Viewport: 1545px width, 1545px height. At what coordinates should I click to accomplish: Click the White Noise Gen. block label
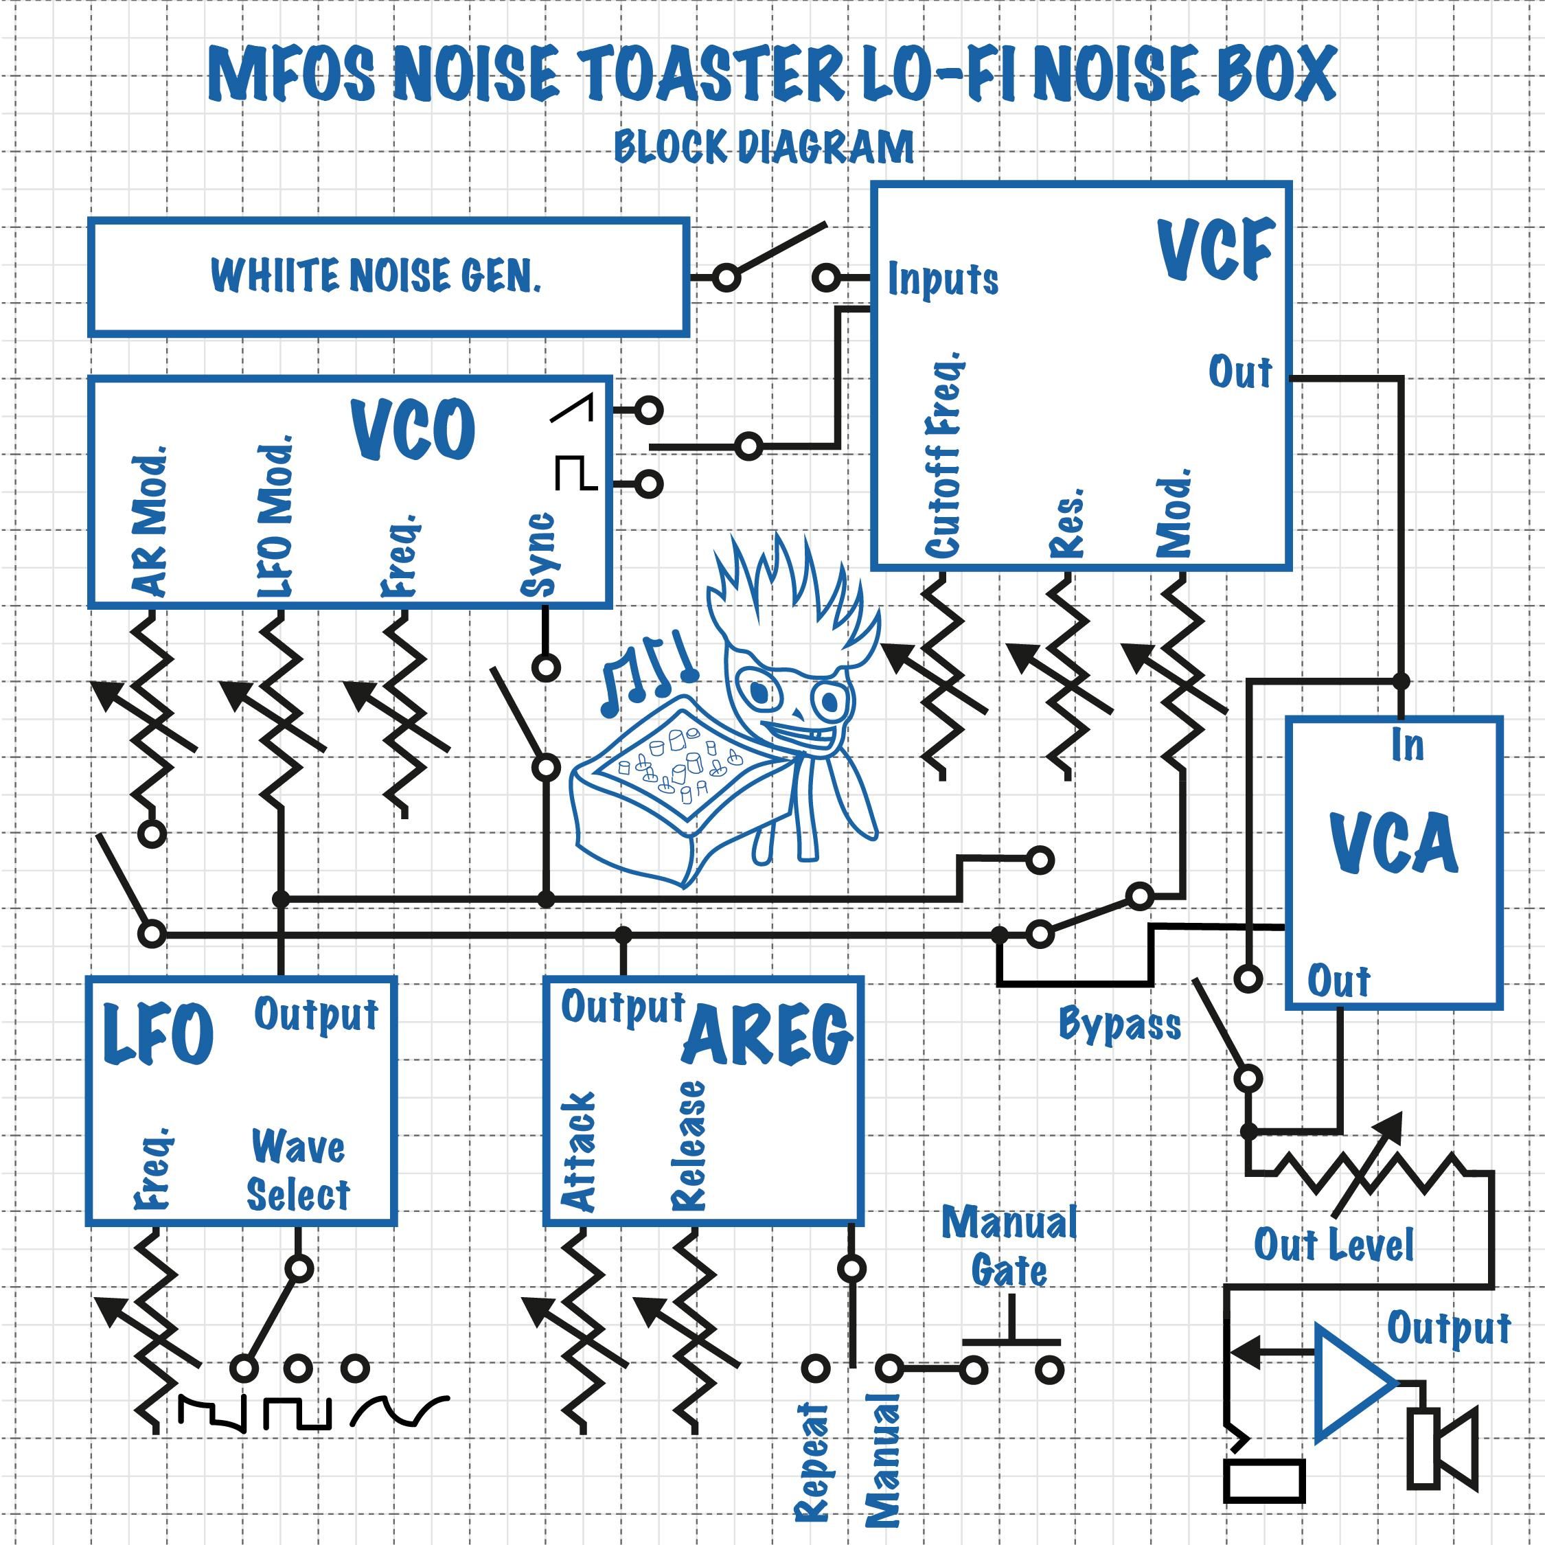point(376,276)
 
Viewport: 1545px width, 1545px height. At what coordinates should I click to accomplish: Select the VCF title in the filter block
point(1215,249)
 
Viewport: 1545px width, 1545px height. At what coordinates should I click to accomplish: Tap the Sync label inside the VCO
point(538,554)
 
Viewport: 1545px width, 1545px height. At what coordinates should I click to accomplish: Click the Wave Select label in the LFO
point(297,1171)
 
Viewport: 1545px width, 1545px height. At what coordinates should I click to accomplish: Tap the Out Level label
point(1333,1245)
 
